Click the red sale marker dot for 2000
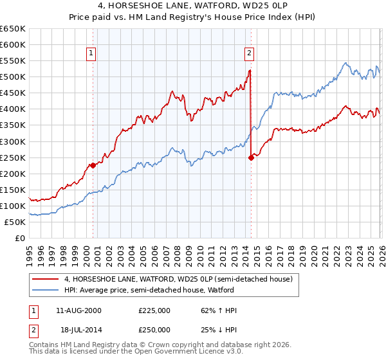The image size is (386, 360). (93, 165)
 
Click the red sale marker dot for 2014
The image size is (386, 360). (251, 157)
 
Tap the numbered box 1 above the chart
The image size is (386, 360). (92, 53)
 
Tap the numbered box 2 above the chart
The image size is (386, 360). (249, 53)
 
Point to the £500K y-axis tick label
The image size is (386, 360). (12, 77)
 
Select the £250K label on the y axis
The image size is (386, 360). (12, 157)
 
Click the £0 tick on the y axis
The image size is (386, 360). (19, 239)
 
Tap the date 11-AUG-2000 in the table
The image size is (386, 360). (78, 310)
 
